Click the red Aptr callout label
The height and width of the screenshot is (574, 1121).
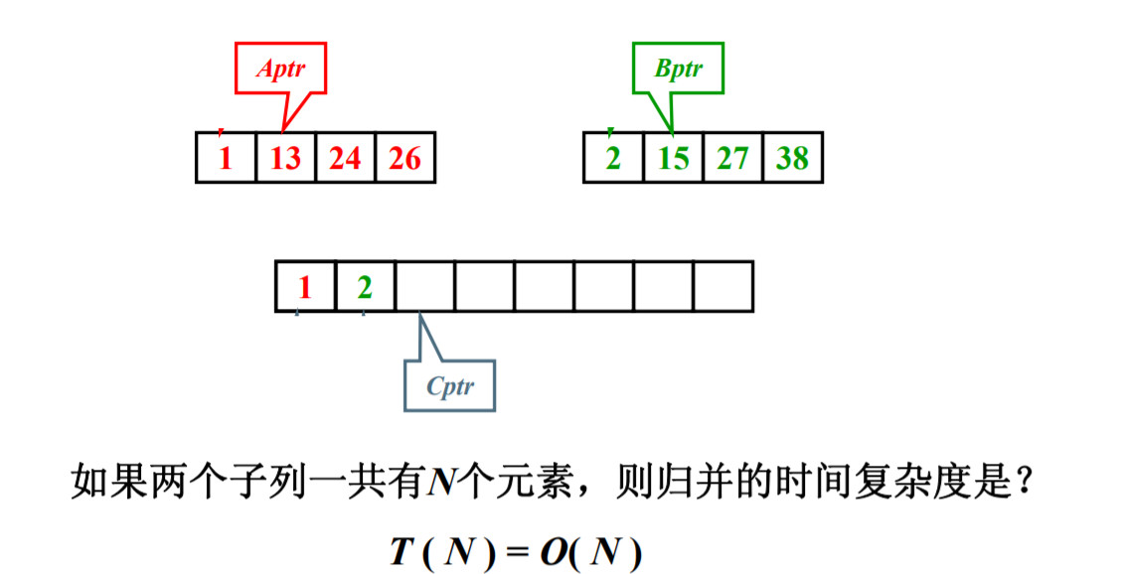tap(280, 69)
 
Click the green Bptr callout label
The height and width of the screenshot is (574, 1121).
tap(678, 69)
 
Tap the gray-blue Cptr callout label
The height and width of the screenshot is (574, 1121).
tap(449, 385)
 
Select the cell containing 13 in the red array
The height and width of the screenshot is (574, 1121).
tap(285, 157)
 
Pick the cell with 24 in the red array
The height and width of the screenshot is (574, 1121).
tap(345, 157)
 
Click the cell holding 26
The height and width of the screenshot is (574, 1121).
tap(404, 157)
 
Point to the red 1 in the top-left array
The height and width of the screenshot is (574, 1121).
tap(226, 157)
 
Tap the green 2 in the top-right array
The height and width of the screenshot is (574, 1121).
tap(613, 157)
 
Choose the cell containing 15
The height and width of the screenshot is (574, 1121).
tap(673, 157)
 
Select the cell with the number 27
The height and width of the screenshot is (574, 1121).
tap(732, 157)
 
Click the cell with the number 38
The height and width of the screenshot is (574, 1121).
tap(792, 157)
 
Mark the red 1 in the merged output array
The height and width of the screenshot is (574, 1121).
tap(305, 287)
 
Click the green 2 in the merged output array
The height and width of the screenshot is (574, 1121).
tap(365, 287)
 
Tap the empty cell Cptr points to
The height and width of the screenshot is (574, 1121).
tap(424, 287)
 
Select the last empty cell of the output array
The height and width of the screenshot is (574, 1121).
tap(722, 287)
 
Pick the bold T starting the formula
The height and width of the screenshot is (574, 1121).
tap(401, 552)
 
